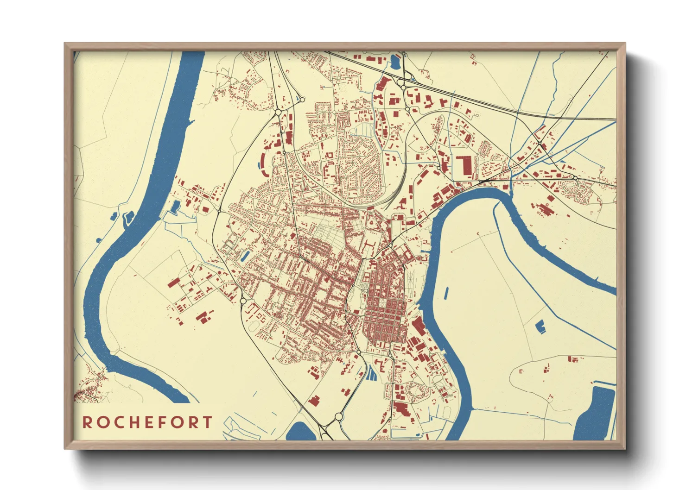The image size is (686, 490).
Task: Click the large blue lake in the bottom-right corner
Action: click(596, 415)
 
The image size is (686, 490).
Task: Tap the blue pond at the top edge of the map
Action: click(396, 61)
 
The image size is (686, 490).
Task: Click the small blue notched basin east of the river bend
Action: click(540, 327)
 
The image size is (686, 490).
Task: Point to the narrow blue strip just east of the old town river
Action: click(446, 292)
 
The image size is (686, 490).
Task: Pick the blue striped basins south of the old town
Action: click(372, 373)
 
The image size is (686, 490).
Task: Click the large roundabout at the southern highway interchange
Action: click(338, 417)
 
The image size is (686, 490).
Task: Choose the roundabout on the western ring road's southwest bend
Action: click(243, 301)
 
